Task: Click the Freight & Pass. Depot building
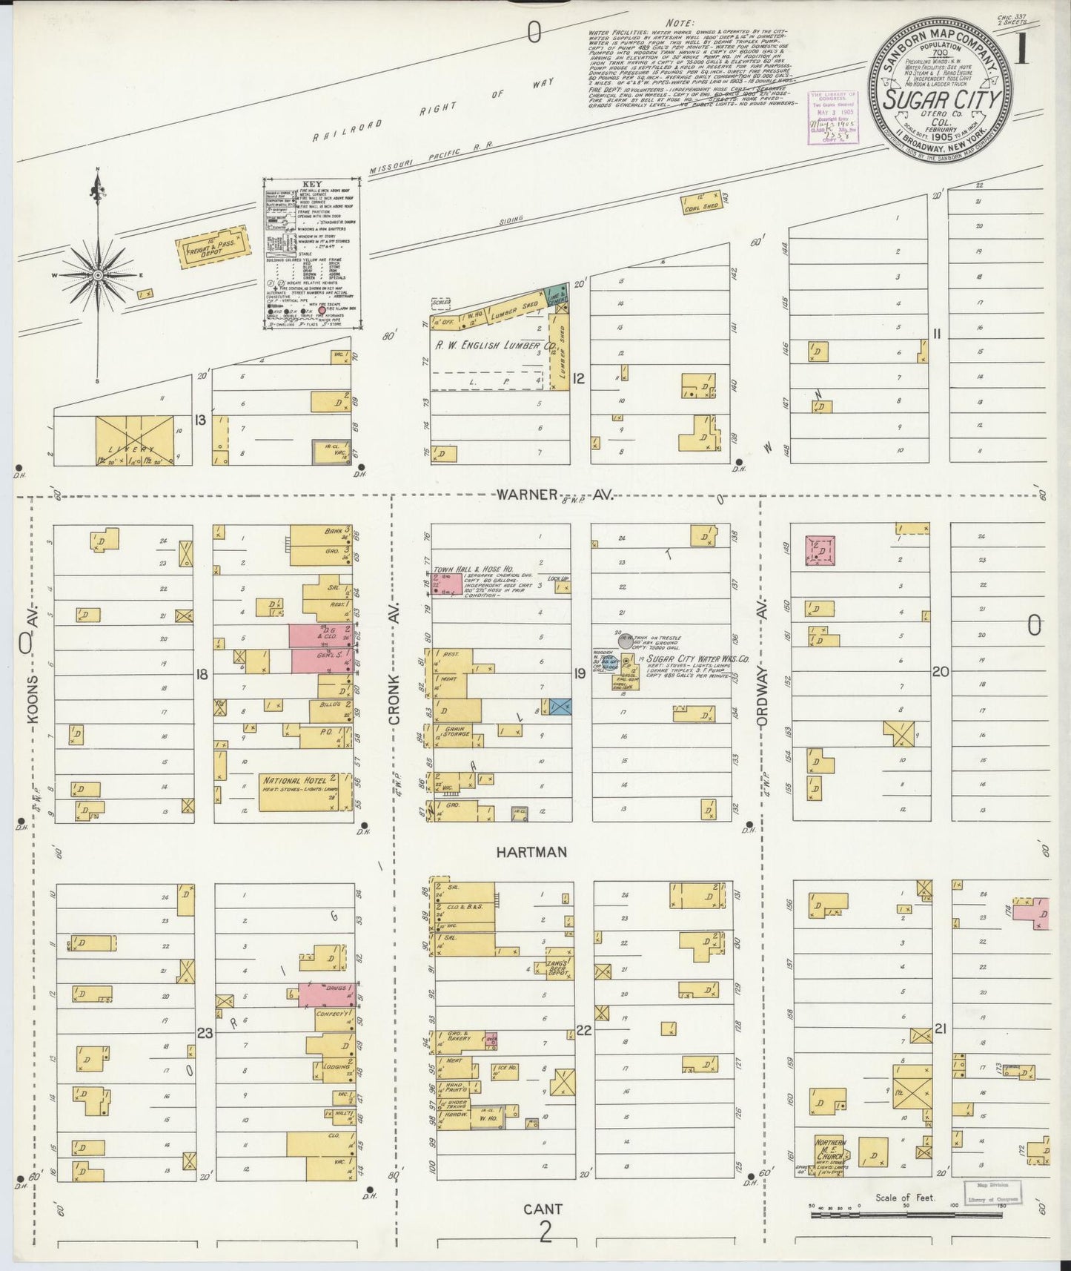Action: coord(212,245)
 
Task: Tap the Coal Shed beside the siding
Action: coord(703,204)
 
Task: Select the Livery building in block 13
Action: coord(134,440)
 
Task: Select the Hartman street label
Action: coord(531,853)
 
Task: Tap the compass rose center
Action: coord(97,275)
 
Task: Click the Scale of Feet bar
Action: coord(904,1215)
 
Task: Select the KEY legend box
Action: coord(313,254)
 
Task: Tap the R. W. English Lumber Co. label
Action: coord(494,346)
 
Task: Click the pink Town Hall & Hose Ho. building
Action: coord(447,583)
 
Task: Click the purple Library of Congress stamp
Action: coord(832,117)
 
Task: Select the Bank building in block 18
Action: coord(320,534)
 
